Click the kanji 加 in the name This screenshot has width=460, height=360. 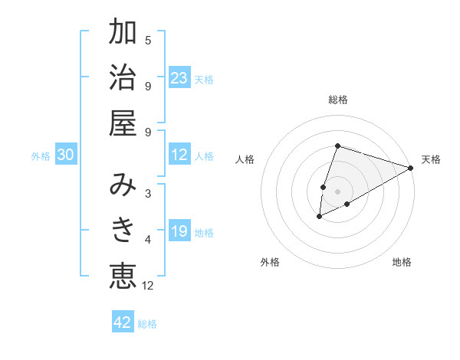(123, 34)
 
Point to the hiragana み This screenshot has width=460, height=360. (123, 185)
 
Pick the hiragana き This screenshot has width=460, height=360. (123, 229)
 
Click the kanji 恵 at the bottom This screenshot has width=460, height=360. (123, 275)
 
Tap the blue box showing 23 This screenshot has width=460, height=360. (179, 78)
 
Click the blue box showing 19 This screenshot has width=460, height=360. (179, 232)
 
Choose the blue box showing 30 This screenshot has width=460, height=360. (65, 155)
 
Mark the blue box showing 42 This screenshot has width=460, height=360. (123, 322)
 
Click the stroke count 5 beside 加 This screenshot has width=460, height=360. (148, 41)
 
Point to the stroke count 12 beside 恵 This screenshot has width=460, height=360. (148, 286)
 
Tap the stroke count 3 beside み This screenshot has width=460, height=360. (148, 193)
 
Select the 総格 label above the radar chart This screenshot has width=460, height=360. (338, 100)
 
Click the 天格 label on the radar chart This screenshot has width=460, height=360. (431, 159)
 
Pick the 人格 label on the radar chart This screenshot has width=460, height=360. (245, 159)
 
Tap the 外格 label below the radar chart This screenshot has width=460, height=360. (270, 262)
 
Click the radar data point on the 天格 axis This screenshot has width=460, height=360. (411, 168)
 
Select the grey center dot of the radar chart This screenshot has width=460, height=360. (338, 191)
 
